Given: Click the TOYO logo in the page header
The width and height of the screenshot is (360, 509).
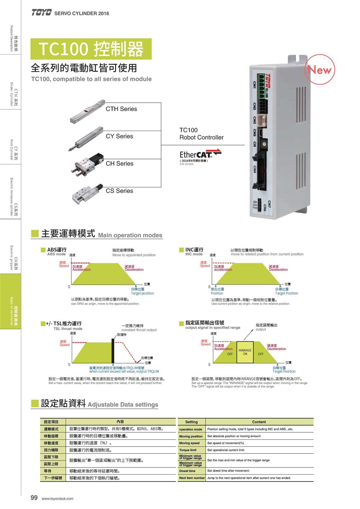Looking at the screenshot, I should (x=41, y=13).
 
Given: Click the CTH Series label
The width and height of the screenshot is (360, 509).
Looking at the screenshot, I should (x=121, y=109).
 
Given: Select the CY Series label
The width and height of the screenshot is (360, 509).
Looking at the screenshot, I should (x=119, y=136).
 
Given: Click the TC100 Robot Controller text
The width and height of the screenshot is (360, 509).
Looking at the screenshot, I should (x=201, y=134).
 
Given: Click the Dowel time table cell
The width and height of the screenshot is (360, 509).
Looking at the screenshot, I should (x=187, y=471).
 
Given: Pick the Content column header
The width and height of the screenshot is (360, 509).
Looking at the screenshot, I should (x=259, y=422).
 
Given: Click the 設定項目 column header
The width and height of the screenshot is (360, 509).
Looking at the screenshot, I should (x=51, y=422).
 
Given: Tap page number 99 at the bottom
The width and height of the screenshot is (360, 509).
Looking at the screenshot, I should (x=34, y=497).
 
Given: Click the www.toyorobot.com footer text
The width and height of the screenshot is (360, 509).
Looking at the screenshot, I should (x=58, y=498).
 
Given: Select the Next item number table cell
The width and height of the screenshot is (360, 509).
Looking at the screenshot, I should (x=192, y=478).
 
